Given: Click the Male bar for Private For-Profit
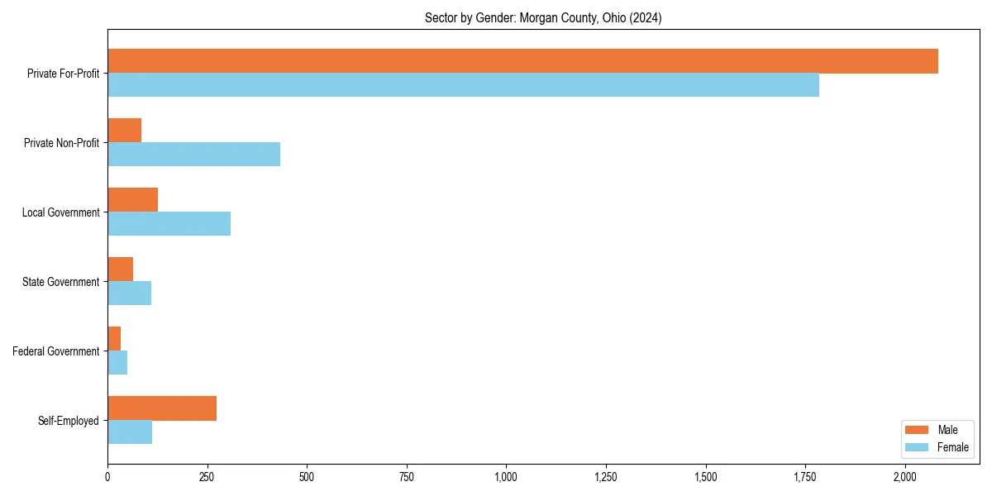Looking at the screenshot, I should pyautogui.click(x=522, y=61).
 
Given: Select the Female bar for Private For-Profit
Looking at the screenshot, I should pyautogui.click(x=463, y=85).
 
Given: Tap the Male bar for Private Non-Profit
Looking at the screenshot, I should pyautogui.click(x=124, y=131).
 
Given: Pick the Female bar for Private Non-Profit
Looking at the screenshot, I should pyautogui.click(x=193, y=155).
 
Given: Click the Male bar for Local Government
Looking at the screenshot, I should pyautogui.click(x=132, y=200).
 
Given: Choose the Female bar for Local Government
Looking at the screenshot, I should pyautogui.click(x=169, y=224).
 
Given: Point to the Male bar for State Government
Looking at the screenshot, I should pyautogui.click(x=120, y=269).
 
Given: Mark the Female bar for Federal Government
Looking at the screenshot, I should pyautogui.click(x=117, y=363).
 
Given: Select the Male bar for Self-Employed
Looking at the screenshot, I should pyautogui.click(x=162, y=408).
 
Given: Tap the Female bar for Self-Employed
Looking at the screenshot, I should pyautogui.click(x=130, y=432).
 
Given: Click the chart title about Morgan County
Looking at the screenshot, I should pyautogui.click(x=542, y=17).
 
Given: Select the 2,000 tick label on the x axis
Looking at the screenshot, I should pyautogui.click(x=905, y=477).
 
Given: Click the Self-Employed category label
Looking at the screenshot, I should pyautogui.click(x=69, y=421).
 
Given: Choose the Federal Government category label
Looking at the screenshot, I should pyautogui.click(x=56, y=351).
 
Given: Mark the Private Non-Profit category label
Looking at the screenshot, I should pyautogui.click(x=63, y=143).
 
